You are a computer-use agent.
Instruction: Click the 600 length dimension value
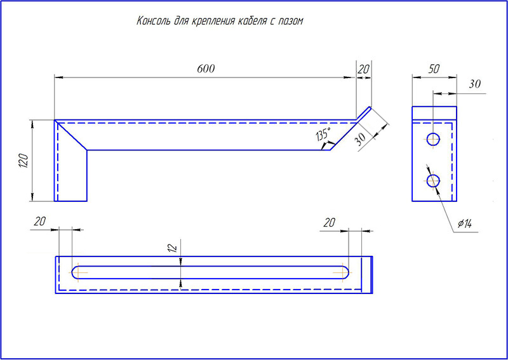[x=206, y=69]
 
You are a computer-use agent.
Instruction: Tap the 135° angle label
[x=323, y=134]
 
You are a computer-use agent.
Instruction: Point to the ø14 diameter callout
[x=464, y=223]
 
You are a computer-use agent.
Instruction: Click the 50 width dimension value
[x=434, y=69]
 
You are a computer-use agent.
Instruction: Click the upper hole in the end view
[x=433, y=140]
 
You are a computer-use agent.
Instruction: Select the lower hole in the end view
[x=433, y=180]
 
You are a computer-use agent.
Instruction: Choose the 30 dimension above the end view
[x=474, y=84]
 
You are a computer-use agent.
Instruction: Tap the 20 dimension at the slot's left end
[x=39, y=222]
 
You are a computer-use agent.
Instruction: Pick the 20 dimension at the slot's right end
[x=329, y=222]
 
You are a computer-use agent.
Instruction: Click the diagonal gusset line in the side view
[x=71, y=135]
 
